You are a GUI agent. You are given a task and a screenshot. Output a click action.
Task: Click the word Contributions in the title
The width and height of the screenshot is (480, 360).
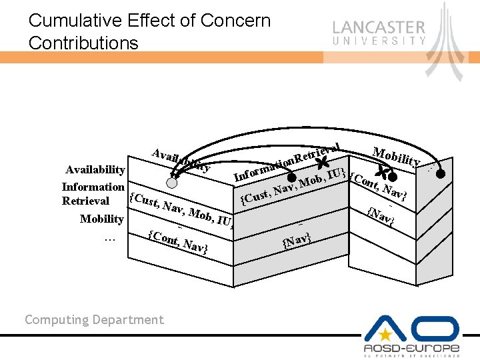83,43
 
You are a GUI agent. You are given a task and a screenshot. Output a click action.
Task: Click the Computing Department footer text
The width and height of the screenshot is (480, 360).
94,320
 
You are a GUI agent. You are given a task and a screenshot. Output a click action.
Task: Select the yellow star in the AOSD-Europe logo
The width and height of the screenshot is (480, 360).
385,332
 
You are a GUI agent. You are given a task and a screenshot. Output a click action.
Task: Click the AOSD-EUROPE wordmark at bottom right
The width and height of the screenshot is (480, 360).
411,348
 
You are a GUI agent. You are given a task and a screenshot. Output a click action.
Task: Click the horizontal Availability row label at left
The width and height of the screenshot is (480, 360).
95,171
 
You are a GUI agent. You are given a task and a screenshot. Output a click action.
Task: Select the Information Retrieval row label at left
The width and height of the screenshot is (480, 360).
93,193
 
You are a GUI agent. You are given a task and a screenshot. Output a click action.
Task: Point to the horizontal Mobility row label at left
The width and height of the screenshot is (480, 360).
101,219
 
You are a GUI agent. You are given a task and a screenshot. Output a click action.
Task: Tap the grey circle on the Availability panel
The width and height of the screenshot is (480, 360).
172,182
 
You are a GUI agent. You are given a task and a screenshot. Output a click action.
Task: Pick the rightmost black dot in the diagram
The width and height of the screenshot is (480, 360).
441,175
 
